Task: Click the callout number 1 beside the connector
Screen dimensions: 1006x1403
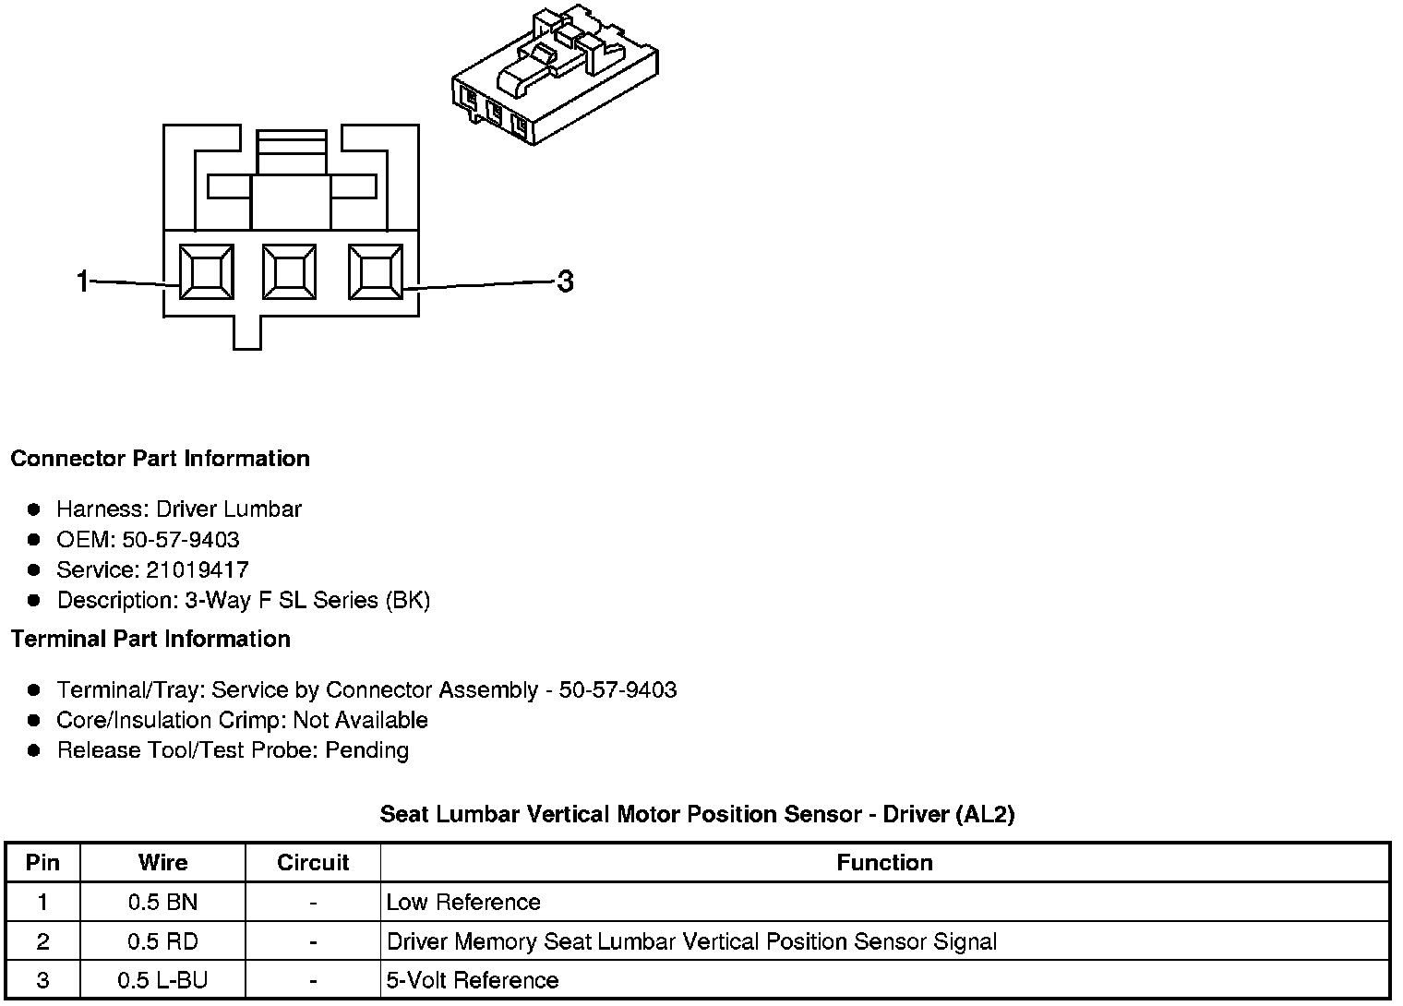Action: (x=83, y=281)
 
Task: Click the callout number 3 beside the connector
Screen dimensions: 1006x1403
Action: (x=565, y=281)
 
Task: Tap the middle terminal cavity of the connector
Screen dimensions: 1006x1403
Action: (x=289, y=272)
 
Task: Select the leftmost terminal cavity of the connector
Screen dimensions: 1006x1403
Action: (x=206, y=272)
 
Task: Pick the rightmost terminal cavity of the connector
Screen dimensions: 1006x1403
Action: (x=375, y=272)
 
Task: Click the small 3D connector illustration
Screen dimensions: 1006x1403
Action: (x=555, y=74)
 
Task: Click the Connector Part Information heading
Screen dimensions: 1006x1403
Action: (x=160, y=459)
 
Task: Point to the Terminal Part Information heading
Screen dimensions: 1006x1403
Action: (x=150, y=639)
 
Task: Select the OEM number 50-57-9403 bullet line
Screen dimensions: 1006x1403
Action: (x=148, y=539)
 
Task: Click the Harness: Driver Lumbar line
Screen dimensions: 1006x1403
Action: (x=179, y=509)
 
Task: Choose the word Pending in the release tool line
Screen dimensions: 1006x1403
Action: (x=367, y=749)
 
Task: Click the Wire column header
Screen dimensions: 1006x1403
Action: (x=162, y=862)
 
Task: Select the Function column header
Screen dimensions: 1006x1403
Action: (x=884, y=862)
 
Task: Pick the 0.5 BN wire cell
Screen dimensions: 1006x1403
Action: (x=162, y=902)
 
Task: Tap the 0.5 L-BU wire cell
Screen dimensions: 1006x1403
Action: (x=162, y=979)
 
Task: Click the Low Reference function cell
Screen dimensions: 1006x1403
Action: (x=463, y=902)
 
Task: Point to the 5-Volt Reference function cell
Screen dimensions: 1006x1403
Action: (x=473, y=979)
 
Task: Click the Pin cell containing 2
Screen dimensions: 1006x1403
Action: (x=42, y=941)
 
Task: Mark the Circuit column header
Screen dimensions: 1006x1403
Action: (x=313, y=862)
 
